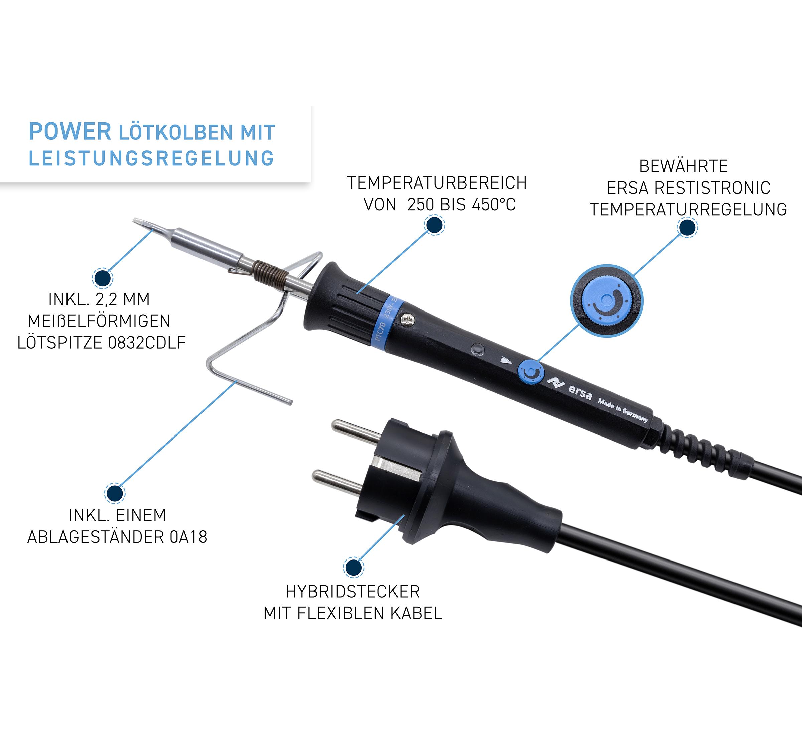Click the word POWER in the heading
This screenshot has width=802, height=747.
pyautogui.click(x=70, y=132)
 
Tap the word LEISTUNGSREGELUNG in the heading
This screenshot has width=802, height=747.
pyautogui.click(x=152, y=158)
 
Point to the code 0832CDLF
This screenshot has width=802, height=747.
pyautogui.click(x=147, y=343)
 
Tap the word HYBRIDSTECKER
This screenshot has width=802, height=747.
pyautogui.click(x=353, y=592)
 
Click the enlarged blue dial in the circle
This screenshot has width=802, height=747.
pyautogui.click(x=606, y=301)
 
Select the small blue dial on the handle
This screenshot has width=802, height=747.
pyautogui.click(x=531, y=372)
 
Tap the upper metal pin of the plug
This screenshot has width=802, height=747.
pyautogui.click(x=356, y=430)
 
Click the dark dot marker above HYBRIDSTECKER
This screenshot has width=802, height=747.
pyautogui.click(x=354, y=567)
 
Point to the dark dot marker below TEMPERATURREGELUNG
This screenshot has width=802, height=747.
pyautogui.click(x=687, y=227)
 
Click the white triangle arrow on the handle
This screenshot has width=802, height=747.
pyautogui.click(x=506, y=360)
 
